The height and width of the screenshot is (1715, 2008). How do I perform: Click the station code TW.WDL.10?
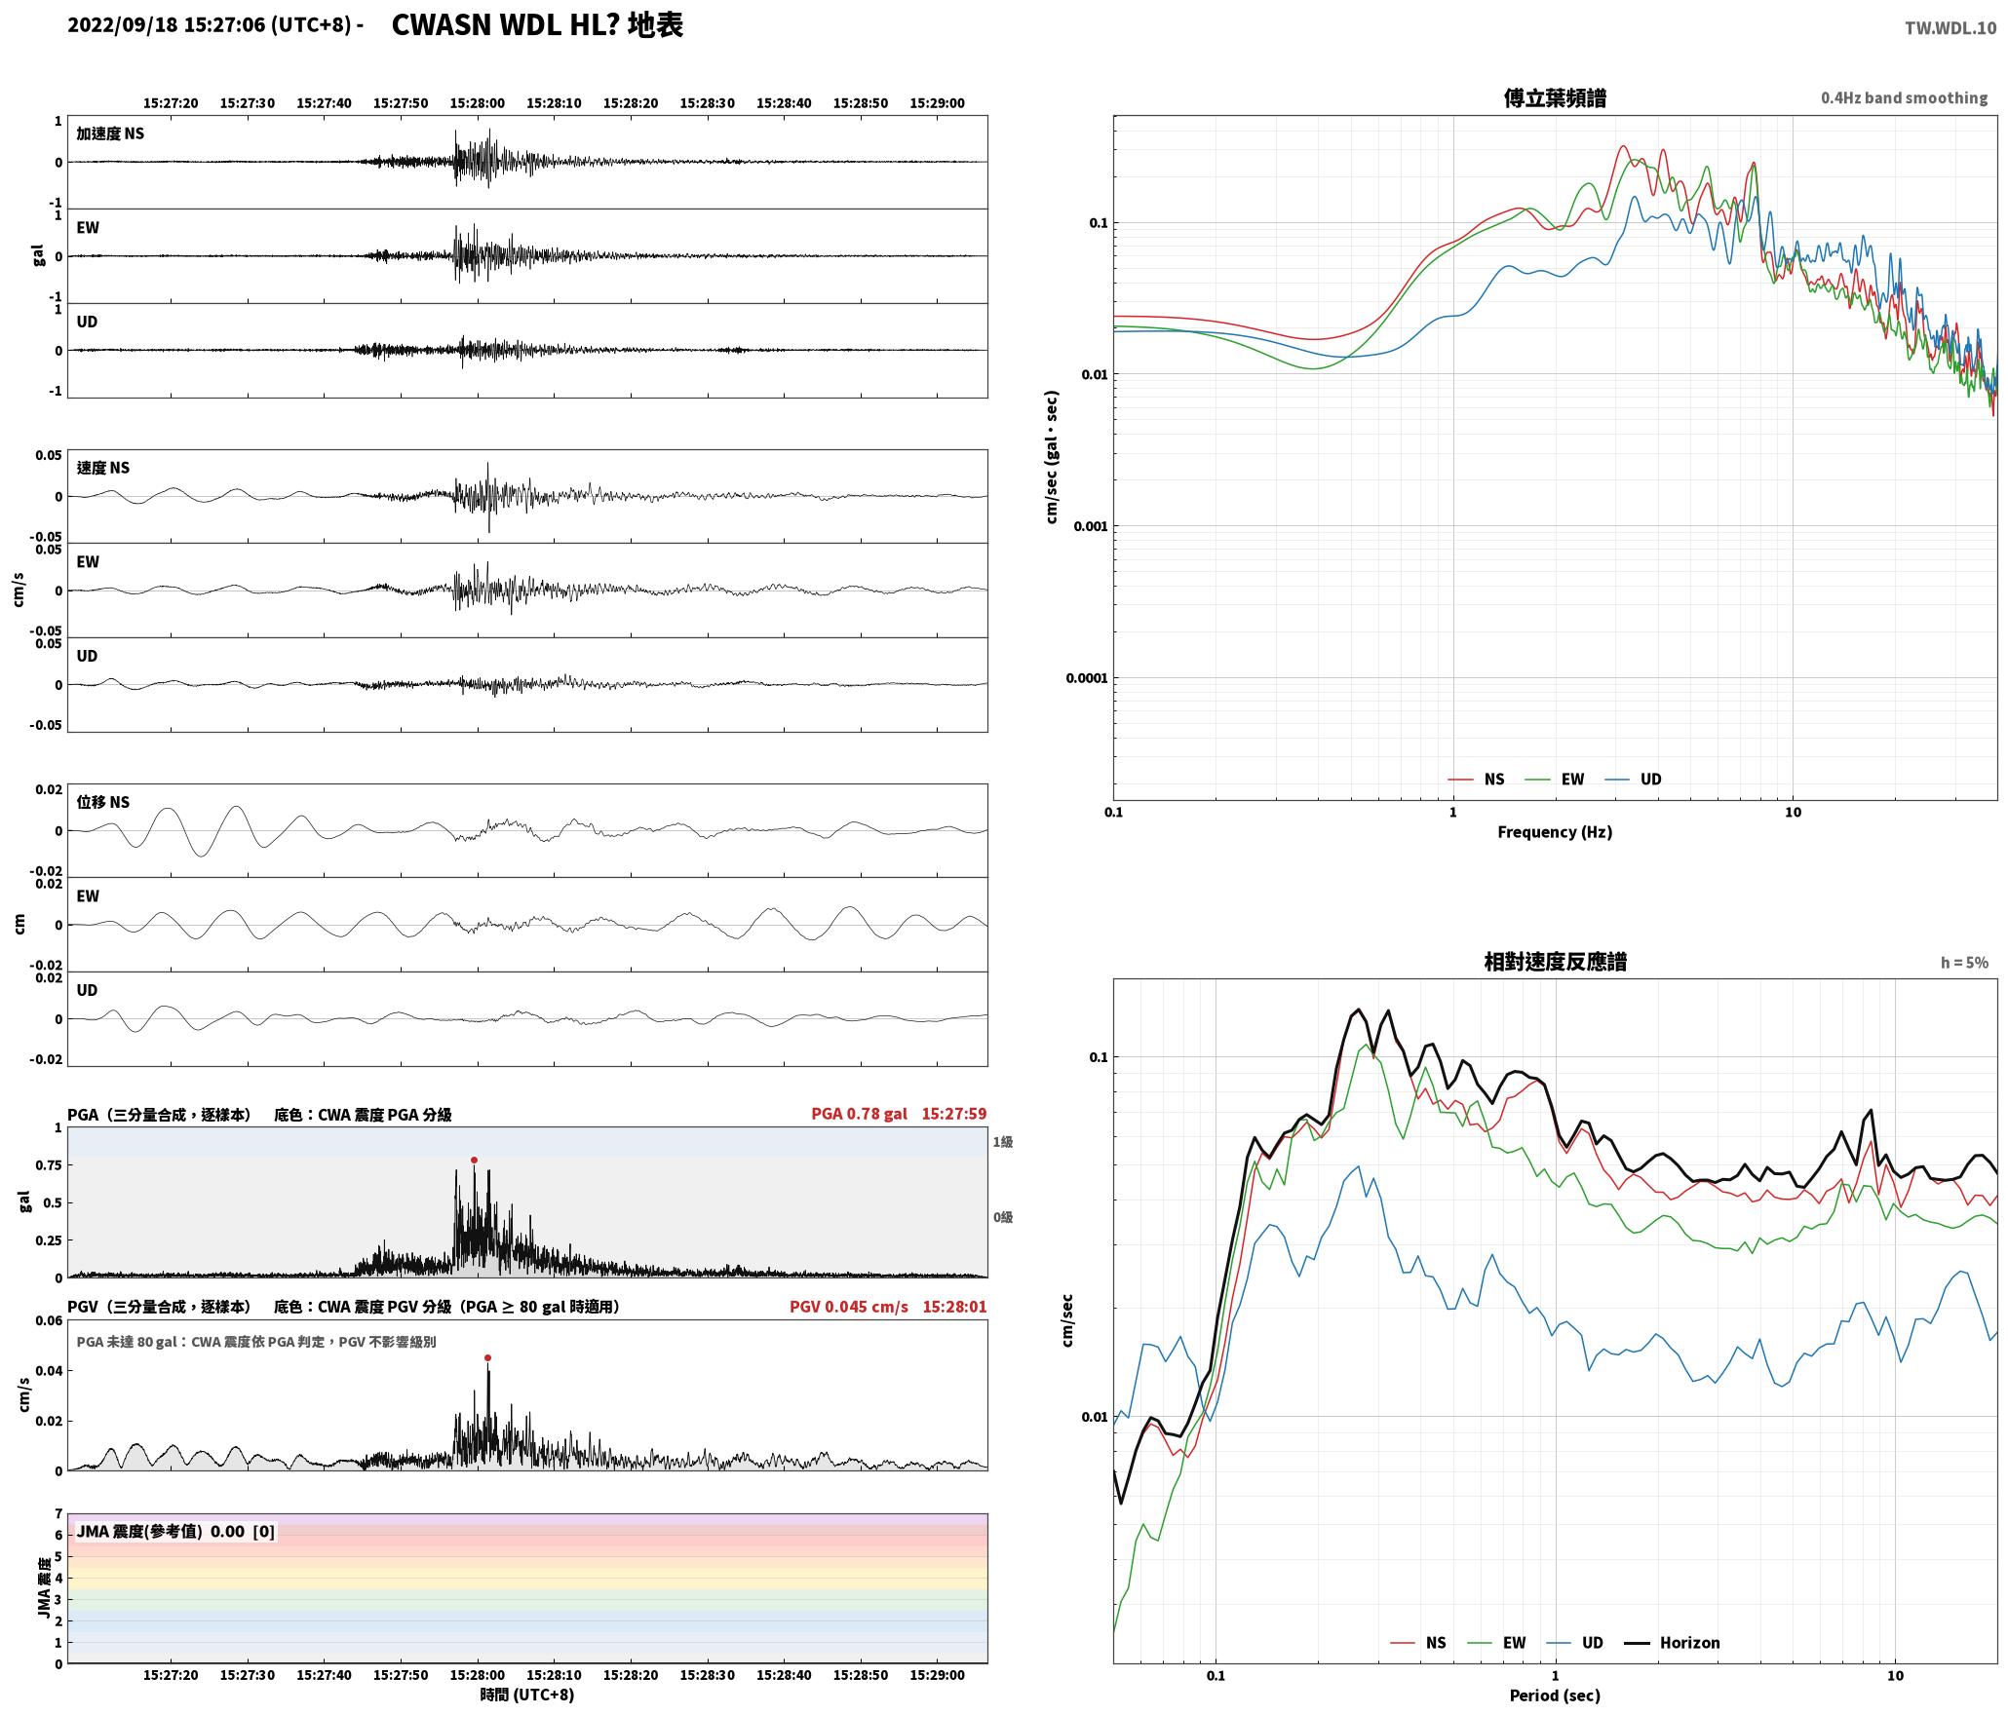(1950, 28)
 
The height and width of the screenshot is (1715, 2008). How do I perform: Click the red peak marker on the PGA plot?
(474, 1160)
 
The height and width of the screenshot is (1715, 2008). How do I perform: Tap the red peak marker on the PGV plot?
(487, 1357)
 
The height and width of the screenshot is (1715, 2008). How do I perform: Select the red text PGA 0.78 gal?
(859, 1114)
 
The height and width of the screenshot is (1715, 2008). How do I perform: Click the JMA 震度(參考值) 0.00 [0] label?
(175, 1531)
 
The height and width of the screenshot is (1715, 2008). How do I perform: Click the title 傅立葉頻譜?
(1555, 97)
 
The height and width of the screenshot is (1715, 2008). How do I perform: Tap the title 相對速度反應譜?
(1555, 961)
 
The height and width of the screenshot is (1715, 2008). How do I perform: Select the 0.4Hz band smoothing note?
(1904, 97)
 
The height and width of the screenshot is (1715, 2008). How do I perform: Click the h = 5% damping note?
(1964, 962)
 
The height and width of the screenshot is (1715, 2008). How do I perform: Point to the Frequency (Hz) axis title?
(1555, 831)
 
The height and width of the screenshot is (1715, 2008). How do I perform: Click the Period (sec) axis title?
(1555, 1695)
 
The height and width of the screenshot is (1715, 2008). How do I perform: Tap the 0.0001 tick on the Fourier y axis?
(1087, 678)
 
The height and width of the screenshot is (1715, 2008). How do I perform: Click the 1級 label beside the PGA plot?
(1003, 1141)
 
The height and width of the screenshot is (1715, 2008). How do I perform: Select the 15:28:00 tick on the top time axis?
(478, 102)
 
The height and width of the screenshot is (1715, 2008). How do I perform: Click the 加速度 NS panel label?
(110, 133)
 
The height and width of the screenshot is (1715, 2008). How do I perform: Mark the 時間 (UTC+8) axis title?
(527, 1695)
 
